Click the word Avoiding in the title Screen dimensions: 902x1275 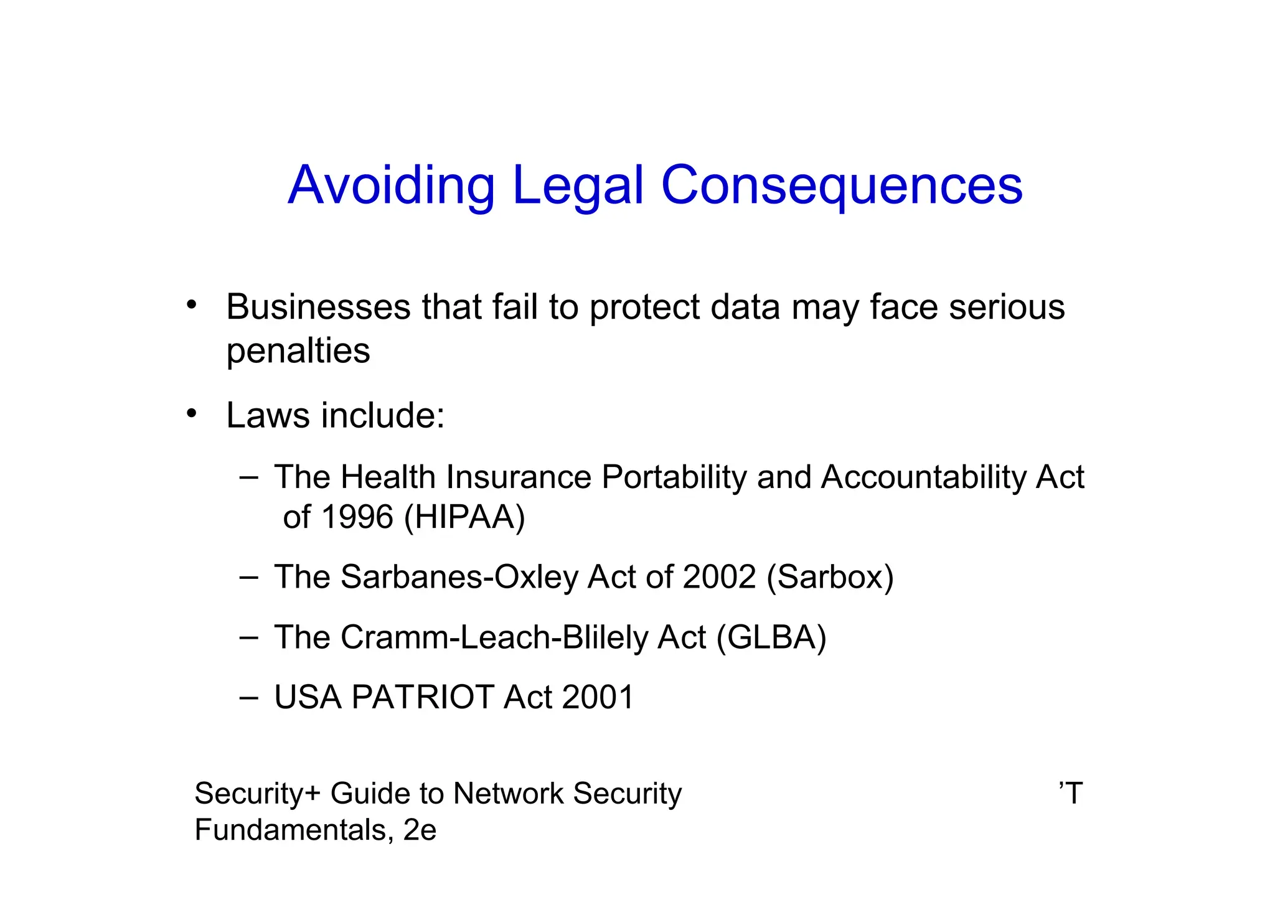coord(391,185)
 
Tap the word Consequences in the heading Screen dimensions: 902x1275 coord(842,185)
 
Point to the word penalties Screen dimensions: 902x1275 coord(298,350)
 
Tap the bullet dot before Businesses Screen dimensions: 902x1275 coord(191,305)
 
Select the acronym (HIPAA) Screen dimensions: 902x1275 coord(464,517)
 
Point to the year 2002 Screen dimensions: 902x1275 coord(719,577)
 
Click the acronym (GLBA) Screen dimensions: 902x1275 coord(771,637)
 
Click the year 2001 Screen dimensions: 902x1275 coord(598,697)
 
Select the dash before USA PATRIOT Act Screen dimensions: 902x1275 coord(248,697)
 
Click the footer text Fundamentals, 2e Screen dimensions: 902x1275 coord(315,830)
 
